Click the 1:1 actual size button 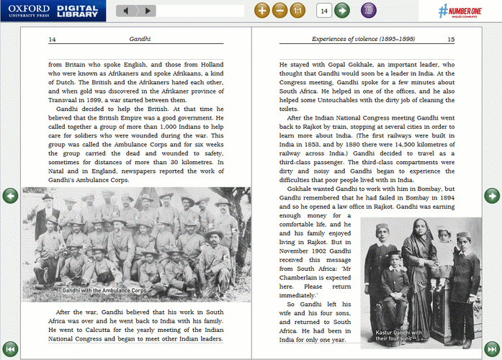[x=298, y=11]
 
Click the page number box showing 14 [x=324, y=11]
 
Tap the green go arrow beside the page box [x=342, y=11]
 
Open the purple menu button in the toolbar [x=369, y=11]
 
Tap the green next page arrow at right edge [x=492, y=195]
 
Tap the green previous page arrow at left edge [x=9, y=195]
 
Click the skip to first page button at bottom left [x=9, y=348]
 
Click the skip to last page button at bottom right [x=492, y=348]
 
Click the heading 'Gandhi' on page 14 [x=139, y=40]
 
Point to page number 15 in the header [x=451, y=40]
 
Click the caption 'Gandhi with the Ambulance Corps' [x=104, y=290]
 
